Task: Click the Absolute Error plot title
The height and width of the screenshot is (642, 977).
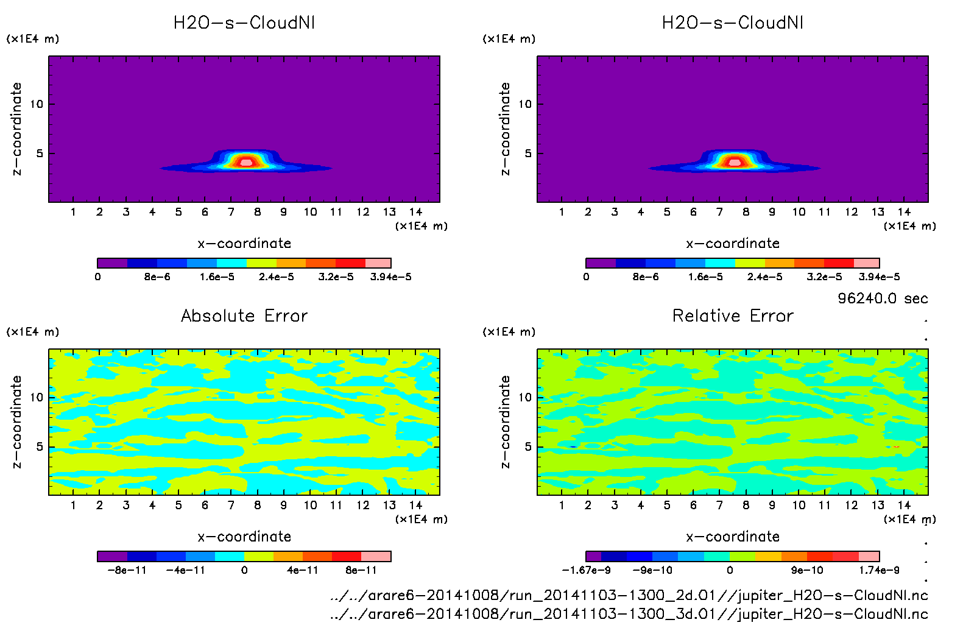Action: pos(244,316)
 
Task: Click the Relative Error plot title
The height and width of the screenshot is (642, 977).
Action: pos(733,316)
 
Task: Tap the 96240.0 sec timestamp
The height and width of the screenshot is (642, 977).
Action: pos(883,298)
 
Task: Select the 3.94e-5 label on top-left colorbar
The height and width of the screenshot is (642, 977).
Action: pos(390,277)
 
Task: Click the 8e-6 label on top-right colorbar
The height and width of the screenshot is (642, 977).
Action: pos(646,277)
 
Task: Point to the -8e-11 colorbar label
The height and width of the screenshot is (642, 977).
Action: pos(127,571)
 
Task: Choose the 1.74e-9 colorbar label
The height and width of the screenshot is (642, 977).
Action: pos(879,571)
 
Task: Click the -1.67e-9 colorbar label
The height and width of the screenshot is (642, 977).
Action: pos(586,571)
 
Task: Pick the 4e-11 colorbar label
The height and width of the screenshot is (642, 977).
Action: pos(303,571)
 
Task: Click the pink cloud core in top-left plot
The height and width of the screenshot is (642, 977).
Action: pos(246,162)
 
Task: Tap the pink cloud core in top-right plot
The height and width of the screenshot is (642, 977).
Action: pos(735,162)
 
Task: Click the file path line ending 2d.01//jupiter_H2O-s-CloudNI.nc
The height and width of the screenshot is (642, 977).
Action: pos(629,595)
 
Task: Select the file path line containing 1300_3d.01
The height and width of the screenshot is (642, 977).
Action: pos(629,614)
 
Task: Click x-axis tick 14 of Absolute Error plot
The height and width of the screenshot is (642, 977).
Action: pos(416,505)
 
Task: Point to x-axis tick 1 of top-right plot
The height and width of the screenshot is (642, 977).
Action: pos(562,212)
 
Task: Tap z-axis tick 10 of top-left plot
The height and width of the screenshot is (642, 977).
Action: pos(37,104)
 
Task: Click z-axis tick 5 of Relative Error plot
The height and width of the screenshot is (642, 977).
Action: pos(528,447)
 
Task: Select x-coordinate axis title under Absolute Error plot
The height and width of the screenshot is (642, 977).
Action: pos(244,537)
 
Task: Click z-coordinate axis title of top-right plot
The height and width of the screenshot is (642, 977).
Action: pos(505,129)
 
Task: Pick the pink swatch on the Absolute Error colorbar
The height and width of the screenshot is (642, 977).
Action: pos(376,556)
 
